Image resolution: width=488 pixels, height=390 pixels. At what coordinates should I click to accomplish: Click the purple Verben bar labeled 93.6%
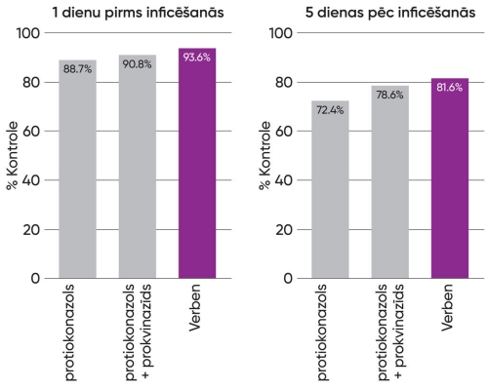point(197,166)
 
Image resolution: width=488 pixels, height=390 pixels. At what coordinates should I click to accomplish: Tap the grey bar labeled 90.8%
point(138,171)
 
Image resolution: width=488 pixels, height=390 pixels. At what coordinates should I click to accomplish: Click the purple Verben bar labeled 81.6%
point(449,180)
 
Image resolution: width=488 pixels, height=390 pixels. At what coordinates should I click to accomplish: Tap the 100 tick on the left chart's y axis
point(28,32)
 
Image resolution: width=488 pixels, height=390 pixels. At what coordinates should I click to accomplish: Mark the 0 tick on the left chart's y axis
point(35,279)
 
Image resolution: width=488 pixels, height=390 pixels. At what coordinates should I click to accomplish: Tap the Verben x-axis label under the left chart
point(197,311)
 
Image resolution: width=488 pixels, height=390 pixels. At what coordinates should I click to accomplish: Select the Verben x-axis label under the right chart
point(449,311)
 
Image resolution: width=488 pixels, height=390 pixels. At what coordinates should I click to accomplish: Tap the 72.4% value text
point(330,109)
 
